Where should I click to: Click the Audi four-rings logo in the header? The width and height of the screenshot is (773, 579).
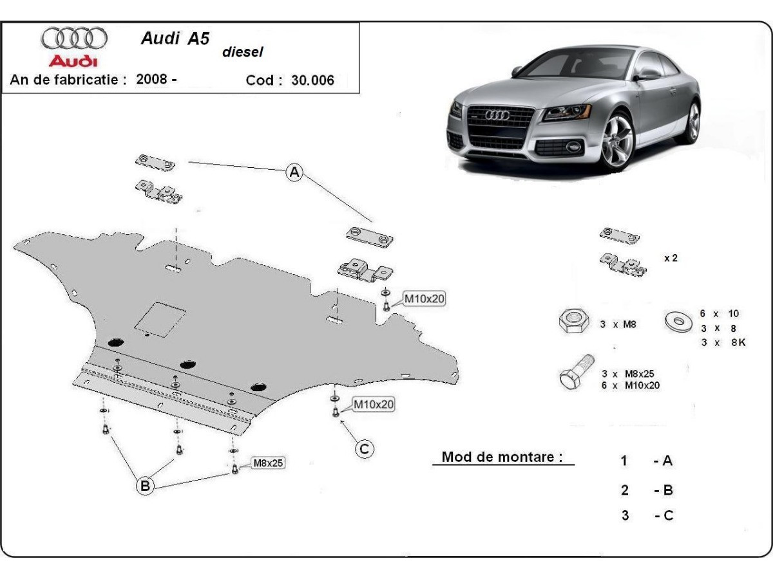click(73, 39)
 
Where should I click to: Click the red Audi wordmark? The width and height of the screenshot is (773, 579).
click(73, 61)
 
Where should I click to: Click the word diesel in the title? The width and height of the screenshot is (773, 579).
click(243, 53)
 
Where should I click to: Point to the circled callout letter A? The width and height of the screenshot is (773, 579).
click(294, 172)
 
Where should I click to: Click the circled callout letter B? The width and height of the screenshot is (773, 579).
click(146, 486)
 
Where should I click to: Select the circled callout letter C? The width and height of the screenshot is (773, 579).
click(365, 448)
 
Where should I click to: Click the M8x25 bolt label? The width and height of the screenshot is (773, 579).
click(268, 463)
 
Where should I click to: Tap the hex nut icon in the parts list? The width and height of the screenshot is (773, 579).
click(571, 320)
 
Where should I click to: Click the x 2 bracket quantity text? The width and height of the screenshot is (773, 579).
click(671, 258)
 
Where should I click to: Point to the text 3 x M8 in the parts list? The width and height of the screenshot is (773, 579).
click(618, 325)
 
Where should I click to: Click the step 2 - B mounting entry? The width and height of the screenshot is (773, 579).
click(647, 490)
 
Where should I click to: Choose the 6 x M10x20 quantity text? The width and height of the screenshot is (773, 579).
click(631, 385)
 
